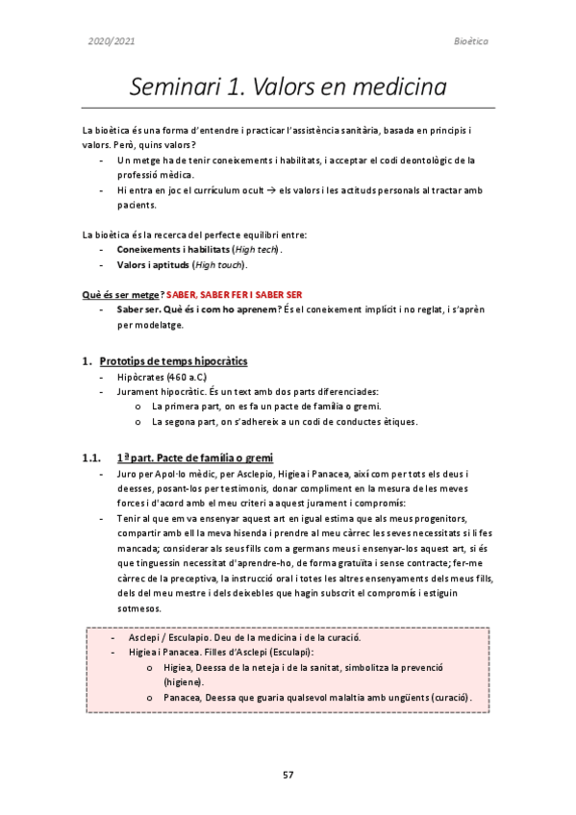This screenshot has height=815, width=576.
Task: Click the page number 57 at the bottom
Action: (x=288, y=774)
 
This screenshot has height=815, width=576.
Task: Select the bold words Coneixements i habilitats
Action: (x=166, y=249)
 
